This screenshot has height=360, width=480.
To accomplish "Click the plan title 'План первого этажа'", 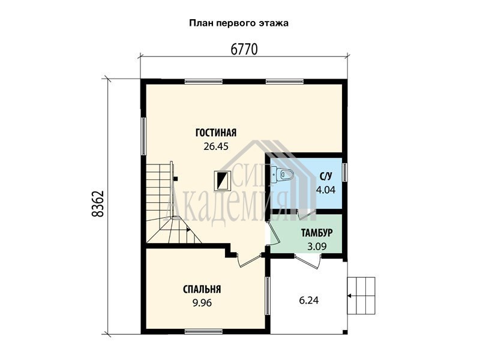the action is [239, 23].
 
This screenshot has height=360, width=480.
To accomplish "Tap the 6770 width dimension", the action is [244, 49].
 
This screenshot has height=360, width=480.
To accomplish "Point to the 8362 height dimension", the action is [98, 204].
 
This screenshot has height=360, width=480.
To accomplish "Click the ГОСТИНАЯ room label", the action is [216, 133].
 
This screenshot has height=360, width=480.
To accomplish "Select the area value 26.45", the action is [216, 146].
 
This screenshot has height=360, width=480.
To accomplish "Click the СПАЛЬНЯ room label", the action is [202, 289].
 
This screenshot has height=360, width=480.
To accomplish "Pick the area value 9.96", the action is [202, 303].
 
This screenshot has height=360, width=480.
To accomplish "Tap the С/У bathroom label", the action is [326, 176].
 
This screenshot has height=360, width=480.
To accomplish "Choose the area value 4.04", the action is [326, 190].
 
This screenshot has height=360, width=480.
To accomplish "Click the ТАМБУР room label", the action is [317, 233].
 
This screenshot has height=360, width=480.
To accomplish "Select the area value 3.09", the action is [317, 247].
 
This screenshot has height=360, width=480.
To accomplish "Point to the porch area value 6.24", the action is [308, 301].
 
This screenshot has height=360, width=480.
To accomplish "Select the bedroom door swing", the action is [249, 260].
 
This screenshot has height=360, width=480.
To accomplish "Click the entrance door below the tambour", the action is [308, 261].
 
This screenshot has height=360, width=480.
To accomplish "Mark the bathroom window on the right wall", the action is [345, 172].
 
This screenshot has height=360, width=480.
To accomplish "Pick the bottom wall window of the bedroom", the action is [203, 331].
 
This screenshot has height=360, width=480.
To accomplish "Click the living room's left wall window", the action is [143, 136].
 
